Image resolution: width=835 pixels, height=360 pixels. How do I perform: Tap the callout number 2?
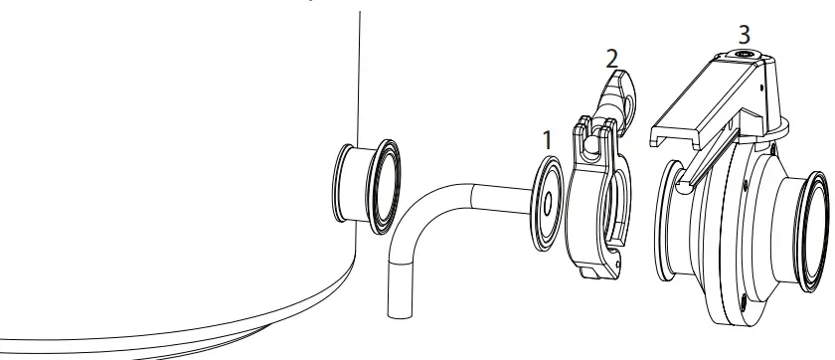[611, 57]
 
